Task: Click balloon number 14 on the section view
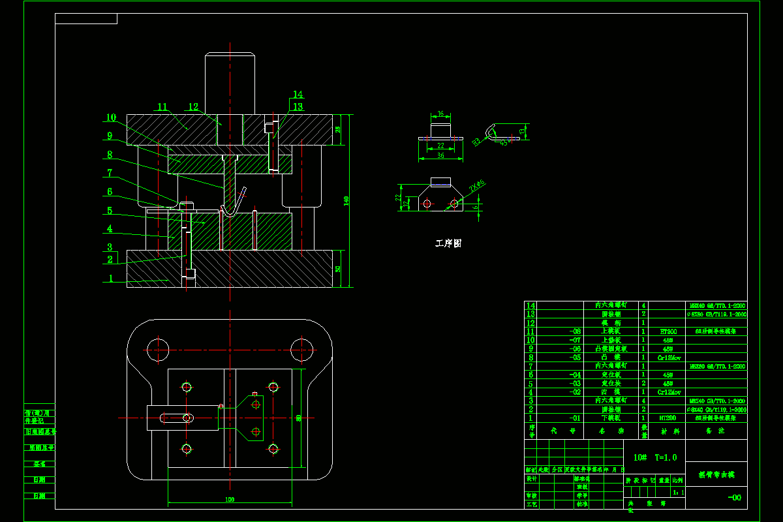(x=298, y=94)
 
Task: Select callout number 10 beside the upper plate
(x=111, y=118)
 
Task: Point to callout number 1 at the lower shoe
(x=112, y=279)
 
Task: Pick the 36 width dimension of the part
(x=440, y=156)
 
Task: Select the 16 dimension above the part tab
(x=440, y=114)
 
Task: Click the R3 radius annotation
(x=476, y=140)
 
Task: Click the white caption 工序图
(x=448, y=243)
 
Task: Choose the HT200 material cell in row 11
(x=668, y=331)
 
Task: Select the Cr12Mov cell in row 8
(x=668, y=358)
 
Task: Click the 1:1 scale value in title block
(x=679, y=493)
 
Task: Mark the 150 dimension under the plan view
(x=230, y=500)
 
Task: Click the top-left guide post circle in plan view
(x=155, y=348)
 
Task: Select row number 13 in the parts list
(x=530, y=314)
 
